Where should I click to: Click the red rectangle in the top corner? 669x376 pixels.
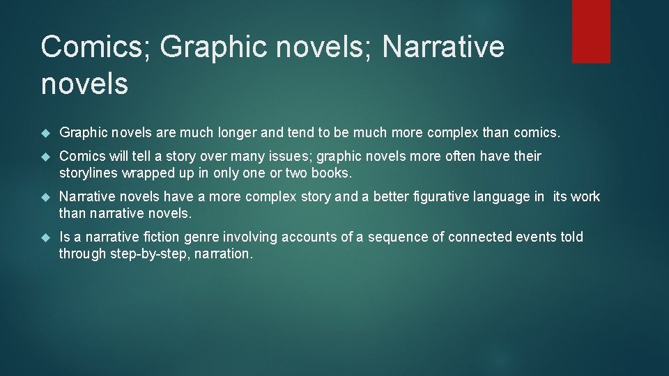pos(591,31)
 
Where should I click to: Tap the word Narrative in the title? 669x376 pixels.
pos(443,47)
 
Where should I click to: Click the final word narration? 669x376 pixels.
pos(223,253)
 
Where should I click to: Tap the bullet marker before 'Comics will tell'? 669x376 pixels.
pos(47,157)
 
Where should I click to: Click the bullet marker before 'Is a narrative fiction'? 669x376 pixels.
pos(47,237)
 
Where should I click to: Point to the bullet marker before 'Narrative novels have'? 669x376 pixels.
pos(47,197)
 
